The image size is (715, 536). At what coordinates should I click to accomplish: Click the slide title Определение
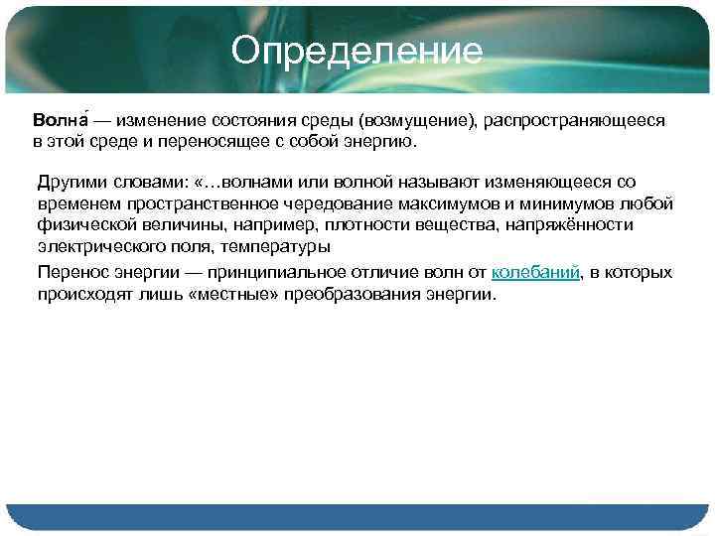click(x=357, y=51)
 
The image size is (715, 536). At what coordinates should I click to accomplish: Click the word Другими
click(x=69, y=183)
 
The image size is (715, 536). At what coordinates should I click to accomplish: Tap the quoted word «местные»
click(x=225, y=295)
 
